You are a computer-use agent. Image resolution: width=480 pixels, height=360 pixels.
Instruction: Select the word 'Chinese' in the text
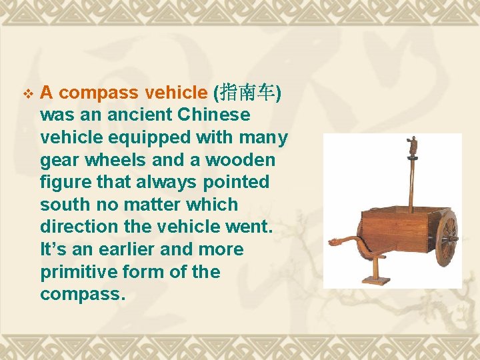click(x=214, y=115)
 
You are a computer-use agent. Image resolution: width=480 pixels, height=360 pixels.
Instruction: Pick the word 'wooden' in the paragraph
click(x=241, y=160)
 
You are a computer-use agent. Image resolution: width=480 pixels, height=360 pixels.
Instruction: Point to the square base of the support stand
click(x=376, y=281)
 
